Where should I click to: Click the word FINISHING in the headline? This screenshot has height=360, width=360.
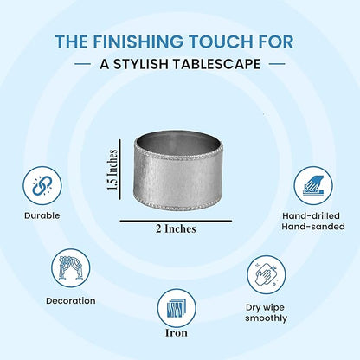point(138,42)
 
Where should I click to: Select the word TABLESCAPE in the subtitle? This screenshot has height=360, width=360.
point(216,64)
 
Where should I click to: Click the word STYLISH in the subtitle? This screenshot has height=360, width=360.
point(141,64)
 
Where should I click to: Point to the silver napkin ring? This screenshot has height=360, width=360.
point(178,170)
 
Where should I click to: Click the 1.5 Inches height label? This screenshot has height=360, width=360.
point(112,170)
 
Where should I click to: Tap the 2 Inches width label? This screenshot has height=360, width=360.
point(176,228)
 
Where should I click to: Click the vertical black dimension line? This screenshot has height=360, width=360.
point(120,170)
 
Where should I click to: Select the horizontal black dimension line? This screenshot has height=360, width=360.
point(176,222)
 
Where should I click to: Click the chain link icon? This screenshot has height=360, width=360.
point(42,185)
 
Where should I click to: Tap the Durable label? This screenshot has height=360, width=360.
point(42,215)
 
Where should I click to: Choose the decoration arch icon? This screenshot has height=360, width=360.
point(71,268)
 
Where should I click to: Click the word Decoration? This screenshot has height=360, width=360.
point(71,301)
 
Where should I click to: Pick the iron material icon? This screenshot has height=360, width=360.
point(177,308)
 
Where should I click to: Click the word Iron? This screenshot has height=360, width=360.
point(177,333)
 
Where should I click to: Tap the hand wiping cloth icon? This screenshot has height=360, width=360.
point(267,274)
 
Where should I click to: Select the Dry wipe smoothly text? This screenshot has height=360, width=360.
point(266,313)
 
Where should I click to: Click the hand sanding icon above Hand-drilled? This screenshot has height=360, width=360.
point(313,185)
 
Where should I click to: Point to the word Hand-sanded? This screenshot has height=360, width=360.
point(313,227)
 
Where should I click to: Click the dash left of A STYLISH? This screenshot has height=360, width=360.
point(82,64)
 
